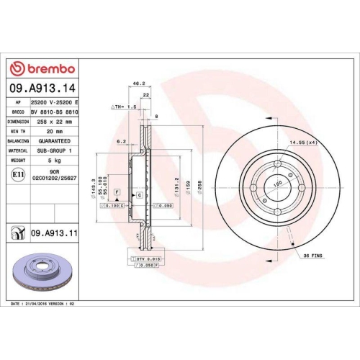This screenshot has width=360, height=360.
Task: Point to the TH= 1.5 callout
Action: [x=124, y=106]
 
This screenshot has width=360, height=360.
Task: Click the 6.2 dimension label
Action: [x=122, y=142]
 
